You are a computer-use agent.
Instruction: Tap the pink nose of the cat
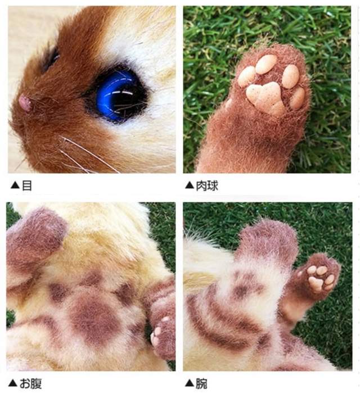pyautogui.click(x=25, y=102)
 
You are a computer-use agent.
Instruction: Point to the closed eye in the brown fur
pyautogui.click(x=51, y=58)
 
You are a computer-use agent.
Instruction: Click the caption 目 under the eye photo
pyautogui.click(x=27, y=185)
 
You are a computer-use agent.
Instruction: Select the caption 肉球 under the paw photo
pyautogui.click(x=207, y=185)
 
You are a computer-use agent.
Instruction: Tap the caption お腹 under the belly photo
pyautogui.click(x=31, y=384)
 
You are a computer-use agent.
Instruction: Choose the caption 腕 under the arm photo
pyautogui.click(x=201, y=384)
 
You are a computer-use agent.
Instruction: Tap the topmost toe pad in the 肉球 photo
pyautogui.click(x=266, y=64)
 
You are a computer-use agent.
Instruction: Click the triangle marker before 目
pyautogui.click(x=15, y=185)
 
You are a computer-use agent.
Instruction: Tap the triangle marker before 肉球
pyautogui.click(x=190, y=185)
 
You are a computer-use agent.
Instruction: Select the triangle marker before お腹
pyautogui.click(x=12, y=383)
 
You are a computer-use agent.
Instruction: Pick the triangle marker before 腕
pyautogui.click(x=190, y=383)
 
